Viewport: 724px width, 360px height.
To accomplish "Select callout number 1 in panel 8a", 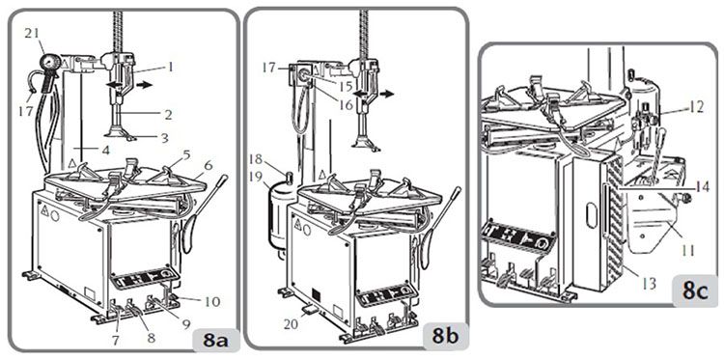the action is click(x=170, y=68).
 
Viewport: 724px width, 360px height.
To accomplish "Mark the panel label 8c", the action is click(x=695, y=292).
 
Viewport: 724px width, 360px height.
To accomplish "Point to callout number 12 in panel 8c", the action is click(x=696, y=108).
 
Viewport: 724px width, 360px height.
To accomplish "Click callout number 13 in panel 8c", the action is click(x=650, y=284).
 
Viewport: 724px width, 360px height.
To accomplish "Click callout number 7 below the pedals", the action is click(x=116, y=341).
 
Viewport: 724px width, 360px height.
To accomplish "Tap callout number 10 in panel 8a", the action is click(x=212, y=302).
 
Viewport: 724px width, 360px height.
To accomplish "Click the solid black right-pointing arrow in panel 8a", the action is click(x=144, y=85).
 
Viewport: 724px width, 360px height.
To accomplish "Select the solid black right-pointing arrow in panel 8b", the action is click(x=386, y=94).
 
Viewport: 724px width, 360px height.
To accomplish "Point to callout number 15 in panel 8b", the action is click(x=345, y=86).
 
